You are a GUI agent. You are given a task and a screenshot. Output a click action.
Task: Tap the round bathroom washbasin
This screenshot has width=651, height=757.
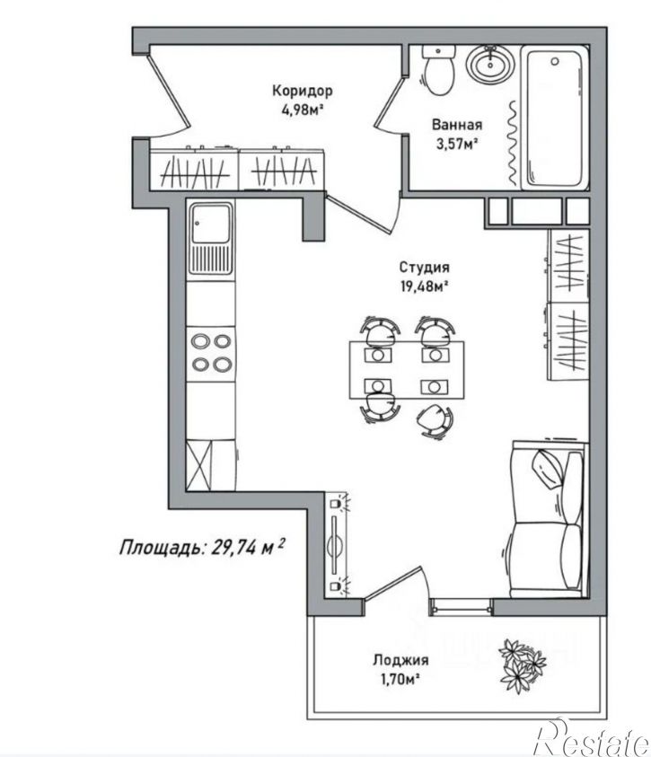[x=490, y=63]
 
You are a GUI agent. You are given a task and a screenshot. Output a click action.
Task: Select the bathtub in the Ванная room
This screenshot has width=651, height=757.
[x=555, y=118]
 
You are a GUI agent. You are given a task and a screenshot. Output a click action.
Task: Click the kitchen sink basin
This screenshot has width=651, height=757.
[x=211, y=224]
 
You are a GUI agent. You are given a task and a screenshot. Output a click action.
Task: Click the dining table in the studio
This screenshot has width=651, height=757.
[x=407, y=370]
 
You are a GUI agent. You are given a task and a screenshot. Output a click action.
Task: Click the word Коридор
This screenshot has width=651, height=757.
[x=302, y=91]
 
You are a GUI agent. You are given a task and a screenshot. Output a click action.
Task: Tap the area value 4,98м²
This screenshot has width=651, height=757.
[x=302, y=110]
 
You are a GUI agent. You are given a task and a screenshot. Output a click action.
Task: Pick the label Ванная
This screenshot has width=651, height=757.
[x=456, y=125]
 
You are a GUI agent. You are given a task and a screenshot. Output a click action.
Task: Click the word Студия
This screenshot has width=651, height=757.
[x=424, y=267]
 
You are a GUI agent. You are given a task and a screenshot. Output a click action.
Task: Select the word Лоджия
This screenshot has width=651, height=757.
[x=400, y=660]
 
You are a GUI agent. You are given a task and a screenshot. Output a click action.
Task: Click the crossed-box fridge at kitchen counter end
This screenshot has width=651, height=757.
[x=198, y=465]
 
